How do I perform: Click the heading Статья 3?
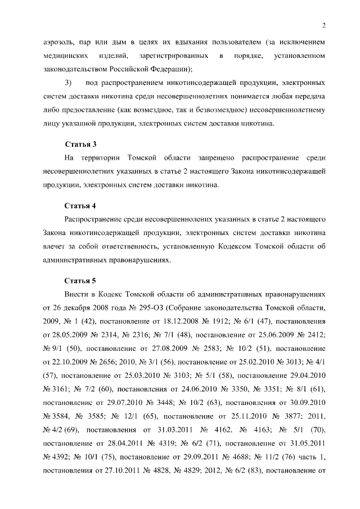[x=81, y=145]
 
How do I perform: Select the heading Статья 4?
[x=81, y=205]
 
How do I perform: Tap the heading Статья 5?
[x=81, y=280]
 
